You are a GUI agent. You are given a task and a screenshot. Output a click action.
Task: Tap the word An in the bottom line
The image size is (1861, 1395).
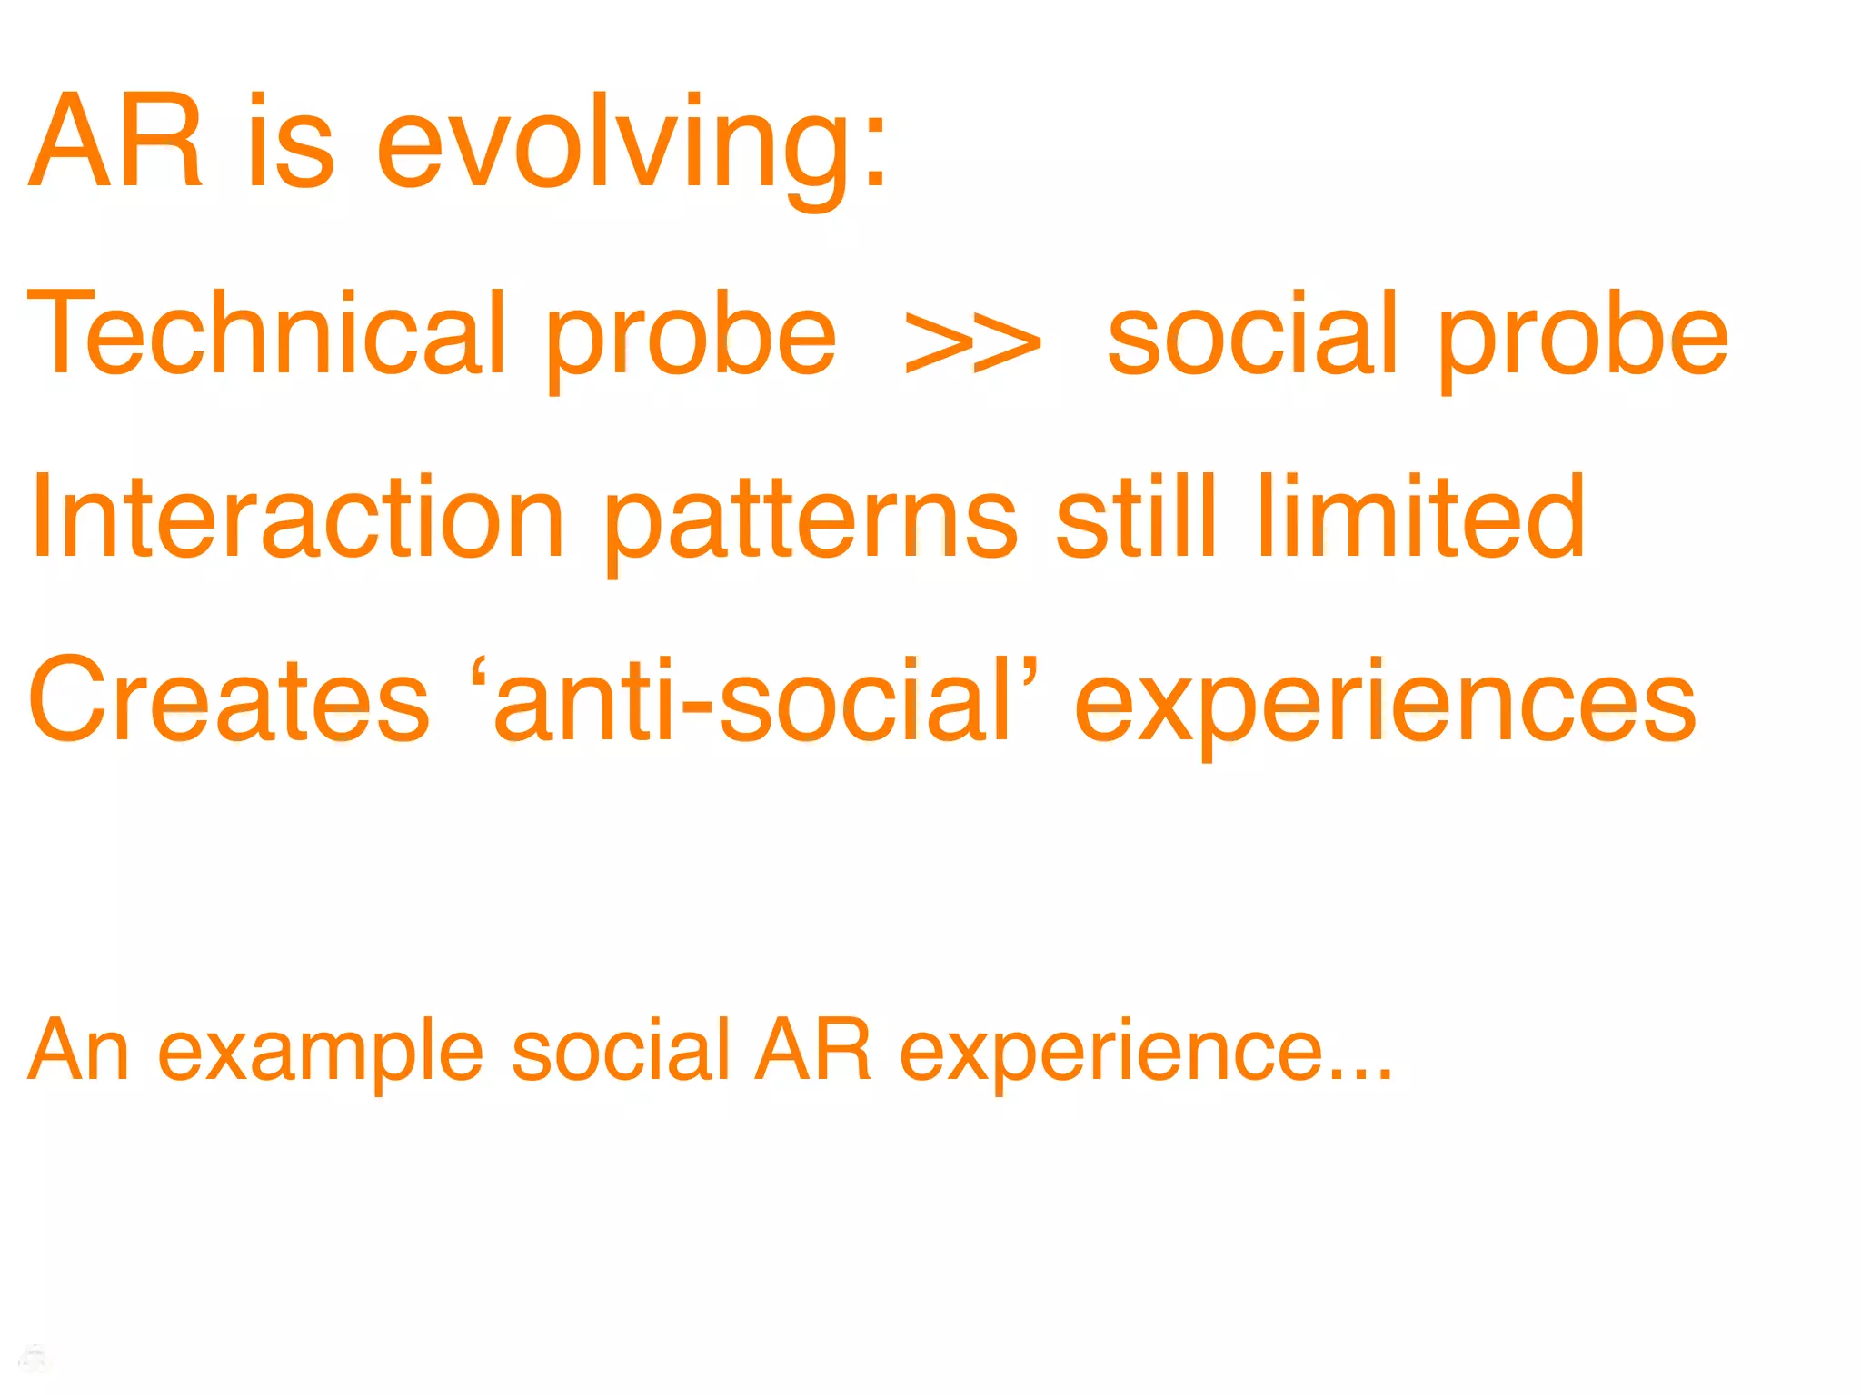tap(78, 1051)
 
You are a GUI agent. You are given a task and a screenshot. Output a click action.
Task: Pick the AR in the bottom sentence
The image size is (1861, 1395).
tap(813, 1051)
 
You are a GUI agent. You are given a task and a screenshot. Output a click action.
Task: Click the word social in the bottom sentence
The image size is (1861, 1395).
tap(621, 1051)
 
